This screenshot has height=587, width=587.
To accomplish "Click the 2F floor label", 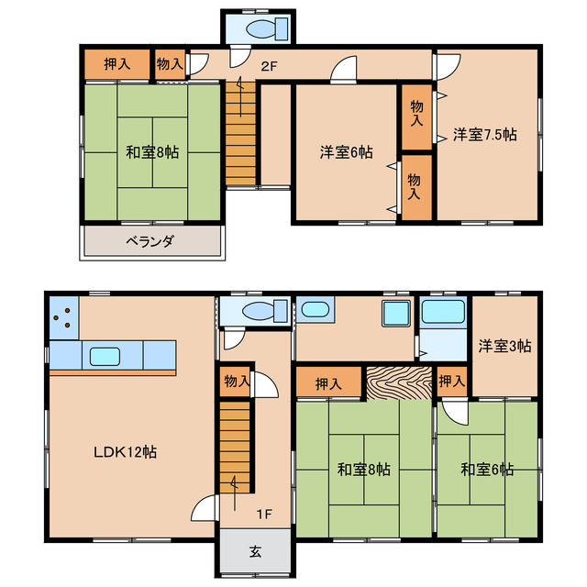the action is (x=269, y=67).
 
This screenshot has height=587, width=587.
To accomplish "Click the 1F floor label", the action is (x=264, y=514).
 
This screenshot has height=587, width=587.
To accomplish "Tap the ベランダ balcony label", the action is (x=150, y=241).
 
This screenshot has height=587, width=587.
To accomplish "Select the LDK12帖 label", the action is (x=125, y=452).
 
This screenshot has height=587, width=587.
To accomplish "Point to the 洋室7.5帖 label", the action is (x=485, y=135).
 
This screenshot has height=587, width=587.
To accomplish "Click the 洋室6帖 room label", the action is (x=347, y=152).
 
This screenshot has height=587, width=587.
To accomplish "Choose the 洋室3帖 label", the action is (x=504, y=346).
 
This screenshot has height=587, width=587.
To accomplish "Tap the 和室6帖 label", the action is (x=487, y=469).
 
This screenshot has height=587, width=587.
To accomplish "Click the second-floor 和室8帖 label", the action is (x=152, y=152).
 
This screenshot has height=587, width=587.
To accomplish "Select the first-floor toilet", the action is (x=264, y=311).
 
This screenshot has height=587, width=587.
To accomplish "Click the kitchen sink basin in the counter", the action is (x=105, y=357).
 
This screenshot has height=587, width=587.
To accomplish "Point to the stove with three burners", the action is (x=64, y=318).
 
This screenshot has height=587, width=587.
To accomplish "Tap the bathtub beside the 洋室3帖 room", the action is (x=443, y=312).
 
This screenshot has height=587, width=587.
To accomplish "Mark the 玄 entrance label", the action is (x=255, y=552).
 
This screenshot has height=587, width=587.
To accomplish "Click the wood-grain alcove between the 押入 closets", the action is (x=399, y=383).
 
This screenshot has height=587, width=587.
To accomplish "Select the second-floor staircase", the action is (x=240, y=134).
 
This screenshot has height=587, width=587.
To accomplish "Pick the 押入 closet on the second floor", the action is (x=117, y=64).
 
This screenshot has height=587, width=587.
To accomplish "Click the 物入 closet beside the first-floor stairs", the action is (x=236, y=382).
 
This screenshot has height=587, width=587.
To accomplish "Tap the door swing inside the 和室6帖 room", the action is (x=455, y=412).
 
